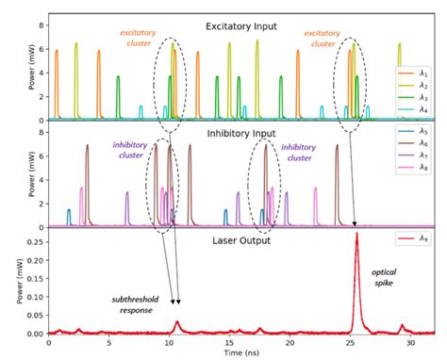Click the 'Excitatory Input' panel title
click(230, 28)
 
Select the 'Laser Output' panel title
click(230, 240)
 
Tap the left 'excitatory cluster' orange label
click(138, 38)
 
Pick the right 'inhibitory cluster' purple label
click(298, 153)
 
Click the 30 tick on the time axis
click(413, 341)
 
